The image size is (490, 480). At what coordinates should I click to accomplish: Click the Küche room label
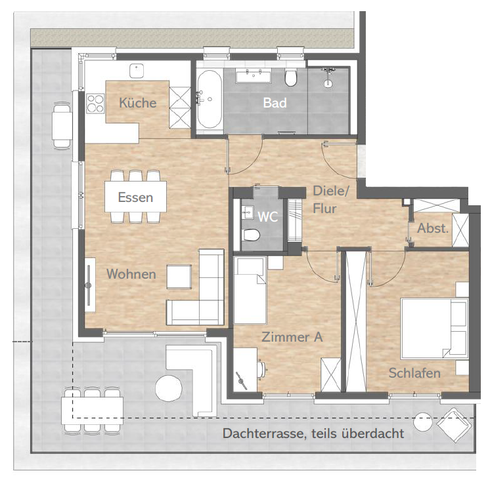point(138,103)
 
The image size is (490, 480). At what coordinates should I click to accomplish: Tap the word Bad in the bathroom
point(275,103)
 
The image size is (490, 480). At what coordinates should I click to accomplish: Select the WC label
point(268,217)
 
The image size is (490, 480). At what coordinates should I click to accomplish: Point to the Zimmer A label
point(292,337)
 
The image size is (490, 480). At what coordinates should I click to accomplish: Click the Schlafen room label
point(414,373)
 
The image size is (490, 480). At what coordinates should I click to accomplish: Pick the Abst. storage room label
point(433,228)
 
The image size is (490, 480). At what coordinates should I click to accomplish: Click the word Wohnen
point(131,274)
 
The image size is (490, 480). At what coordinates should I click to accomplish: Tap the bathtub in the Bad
point(209,99)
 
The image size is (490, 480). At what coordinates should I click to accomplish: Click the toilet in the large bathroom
point(290,78)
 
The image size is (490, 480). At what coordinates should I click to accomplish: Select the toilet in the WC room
point(251,235)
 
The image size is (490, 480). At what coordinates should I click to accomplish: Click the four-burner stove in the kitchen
point(95,103)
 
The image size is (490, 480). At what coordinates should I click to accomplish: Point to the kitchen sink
point(137,71)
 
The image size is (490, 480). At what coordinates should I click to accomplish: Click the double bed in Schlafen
point(434,329)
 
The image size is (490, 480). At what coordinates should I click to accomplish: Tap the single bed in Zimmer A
point(250,290)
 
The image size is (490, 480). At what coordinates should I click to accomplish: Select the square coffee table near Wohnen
point(179,277)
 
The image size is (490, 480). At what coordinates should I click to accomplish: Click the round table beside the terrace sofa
point(169,388)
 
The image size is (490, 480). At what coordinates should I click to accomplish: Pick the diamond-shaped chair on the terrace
point(454,425)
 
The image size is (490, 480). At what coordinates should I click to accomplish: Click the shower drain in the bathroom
point(328,83)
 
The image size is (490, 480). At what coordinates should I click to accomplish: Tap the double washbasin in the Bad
point(254,76)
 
